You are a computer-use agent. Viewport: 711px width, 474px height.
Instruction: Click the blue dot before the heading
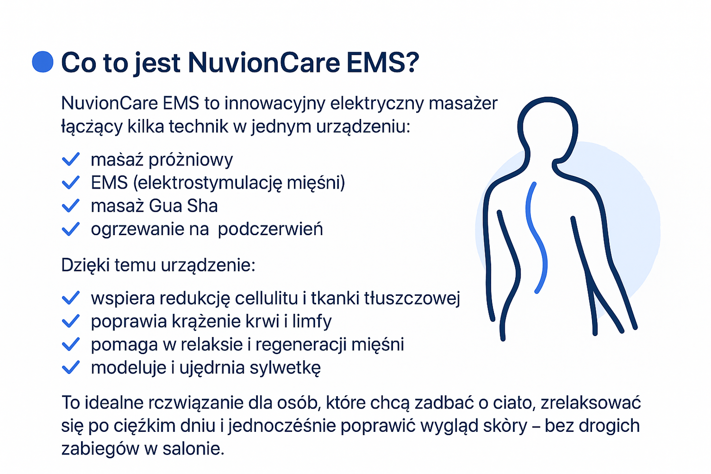43,62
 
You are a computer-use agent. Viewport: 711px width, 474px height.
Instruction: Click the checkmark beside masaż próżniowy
71,159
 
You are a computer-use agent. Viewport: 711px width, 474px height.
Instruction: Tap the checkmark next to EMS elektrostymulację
71,182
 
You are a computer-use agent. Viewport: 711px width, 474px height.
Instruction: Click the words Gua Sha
183,206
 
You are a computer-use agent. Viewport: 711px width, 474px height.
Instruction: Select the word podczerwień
271,229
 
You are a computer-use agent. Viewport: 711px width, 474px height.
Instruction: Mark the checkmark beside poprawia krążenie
71,321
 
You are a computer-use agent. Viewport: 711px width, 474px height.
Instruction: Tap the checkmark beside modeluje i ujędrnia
71,367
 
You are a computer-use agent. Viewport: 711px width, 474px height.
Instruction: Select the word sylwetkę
285,368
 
